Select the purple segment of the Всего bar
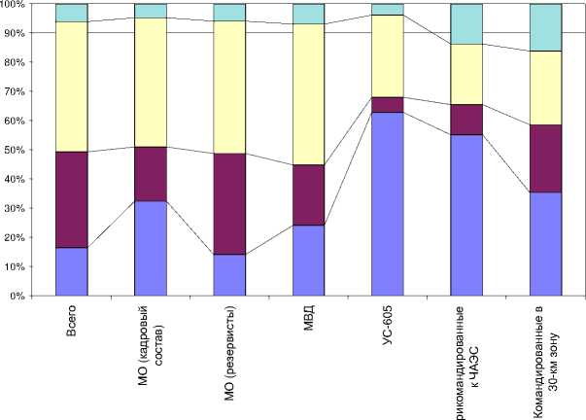click(72, 199)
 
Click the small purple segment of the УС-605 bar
click(387, 105)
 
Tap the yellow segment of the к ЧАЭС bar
click(466, 74)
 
